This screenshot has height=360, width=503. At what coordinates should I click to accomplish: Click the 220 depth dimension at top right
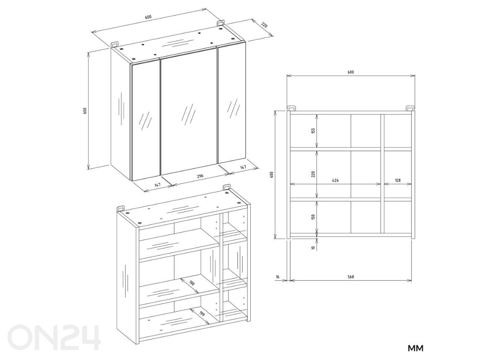264,25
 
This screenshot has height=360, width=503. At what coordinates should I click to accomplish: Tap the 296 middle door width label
200,176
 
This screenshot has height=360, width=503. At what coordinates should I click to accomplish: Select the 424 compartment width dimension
335,180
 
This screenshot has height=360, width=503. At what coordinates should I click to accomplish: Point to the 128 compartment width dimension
398,180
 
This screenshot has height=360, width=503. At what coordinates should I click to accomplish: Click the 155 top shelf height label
314,131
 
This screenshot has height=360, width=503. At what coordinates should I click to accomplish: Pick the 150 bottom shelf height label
314,217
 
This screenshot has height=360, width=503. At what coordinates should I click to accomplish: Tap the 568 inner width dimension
351,277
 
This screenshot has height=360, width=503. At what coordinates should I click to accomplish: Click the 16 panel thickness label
277,277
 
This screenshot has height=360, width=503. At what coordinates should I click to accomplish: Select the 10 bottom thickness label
314,248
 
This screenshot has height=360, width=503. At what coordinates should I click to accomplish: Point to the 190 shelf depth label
192,283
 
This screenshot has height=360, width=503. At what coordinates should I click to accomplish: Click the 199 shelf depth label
202,313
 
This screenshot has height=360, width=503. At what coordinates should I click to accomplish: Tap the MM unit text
415,348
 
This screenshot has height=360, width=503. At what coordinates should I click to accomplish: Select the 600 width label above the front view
351,72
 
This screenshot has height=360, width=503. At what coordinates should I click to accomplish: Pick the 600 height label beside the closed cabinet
85,111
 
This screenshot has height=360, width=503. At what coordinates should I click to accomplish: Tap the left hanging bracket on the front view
291,108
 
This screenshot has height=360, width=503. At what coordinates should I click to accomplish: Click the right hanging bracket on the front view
410,108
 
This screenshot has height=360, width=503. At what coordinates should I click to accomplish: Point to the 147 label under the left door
158,185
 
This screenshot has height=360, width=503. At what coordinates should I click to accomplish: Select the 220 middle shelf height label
314,174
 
